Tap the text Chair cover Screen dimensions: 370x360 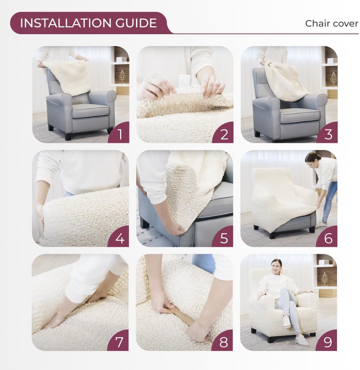[x=331, y=23]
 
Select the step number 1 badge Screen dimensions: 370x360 [x=120, y=134]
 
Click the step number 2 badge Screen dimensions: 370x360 [x=224, y=134]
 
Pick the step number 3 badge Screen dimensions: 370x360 [x=328, y=134]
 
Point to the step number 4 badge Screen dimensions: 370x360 [x=120, y=238]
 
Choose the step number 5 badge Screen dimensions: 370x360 [x=224, y=238]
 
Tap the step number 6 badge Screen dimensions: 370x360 [x=328, y=238]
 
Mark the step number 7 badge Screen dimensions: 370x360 [x=120, y=342]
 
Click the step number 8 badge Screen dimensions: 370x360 [x=224, y=342]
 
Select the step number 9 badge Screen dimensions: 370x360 [x=328, y=342]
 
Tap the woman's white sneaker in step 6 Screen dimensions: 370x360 [x=321, y=224]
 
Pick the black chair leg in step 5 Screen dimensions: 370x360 [x=145, y=223]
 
